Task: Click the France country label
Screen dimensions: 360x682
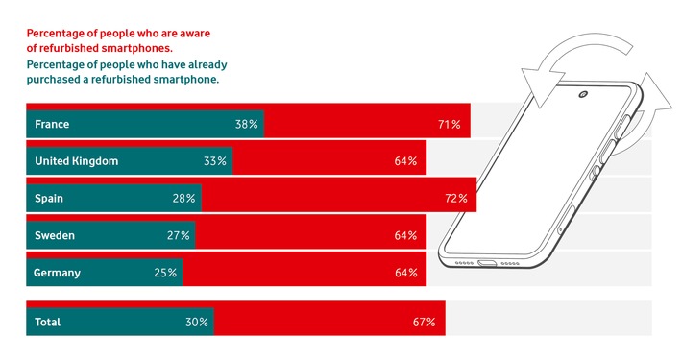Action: [52, 125]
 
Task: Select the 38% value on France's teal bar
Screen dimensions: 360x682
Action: [246, 125]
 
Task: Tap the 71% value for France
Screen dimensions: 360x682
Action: [449, 125]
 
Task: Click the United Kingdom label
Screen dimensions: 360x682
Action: [76, 161]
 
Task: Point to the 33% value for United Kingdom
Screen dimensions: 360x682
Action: [215, 161]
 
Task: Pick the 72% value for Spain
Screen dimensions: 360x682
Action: [455, 199]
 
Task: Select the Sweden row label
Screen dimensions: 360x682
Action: [55, 235]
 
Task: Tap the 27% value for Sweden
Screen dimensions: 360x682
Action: [179, 235]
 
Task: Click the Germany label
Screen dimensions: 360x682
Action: [57, 273]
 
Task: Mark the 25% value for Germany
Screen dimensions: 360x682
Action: [165, 273]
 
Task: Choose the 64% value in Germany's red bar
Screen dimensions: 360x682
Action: [405, 273]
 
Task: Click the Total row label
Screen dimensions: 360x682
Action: [47, 322]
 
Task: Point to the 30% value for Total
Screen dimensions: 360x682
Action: [197, 322]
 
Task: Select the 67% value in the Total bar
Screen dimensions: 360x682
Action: [425, 322]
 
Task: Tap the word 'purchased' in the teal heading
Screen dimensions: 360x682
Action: [61, 80]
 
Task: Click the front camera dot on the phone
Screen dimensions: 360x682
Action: [583, 95]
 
